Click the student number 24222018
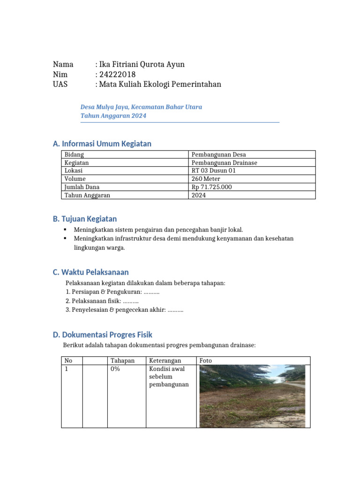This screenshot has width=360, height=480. (117, 75)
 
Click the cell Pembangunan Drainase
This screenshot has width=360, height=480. (224, 163)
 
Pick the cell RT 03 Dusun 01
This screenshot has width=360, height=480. (214, 171)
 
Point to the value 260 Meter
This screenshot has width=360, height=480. (206, 179)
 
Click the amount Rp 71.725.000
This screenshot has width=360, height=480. (211, 187)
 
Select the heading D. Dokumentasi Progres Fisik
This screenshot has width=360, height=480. (103, 335)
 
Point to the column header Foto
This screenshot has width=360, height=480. (206, 360)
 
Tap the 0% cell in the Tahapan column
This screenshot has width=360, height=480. (115, 369)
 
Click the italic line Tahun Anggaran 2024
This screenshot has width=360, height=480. (113, 116)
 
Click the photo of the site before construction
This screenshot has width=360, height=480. (252, 396)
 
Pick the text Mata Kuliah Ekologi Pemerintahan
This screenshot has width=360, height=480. (160, 84)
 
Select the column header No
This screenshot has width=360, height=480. (69, 360)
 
